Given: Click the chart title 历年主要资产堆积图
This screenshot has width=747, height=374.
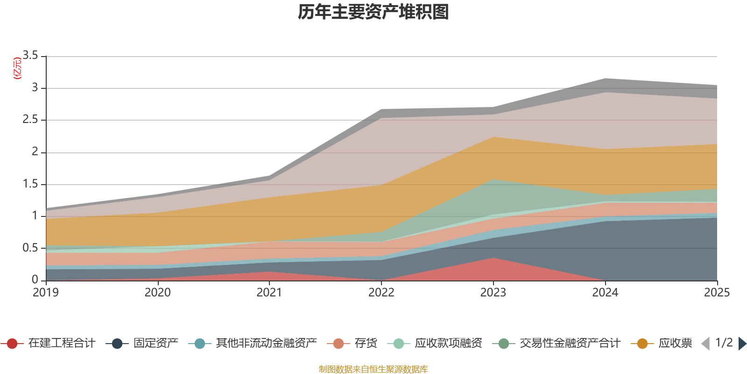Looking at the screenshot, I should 373,12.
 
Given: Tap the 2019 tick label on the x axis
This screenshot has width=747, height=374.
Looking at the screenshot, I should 46,292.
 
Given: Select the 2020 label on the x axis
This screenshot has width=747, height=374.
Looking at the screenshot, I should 158,292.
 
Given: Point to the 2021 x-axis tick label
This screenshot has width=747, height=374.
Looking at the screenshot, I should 269,292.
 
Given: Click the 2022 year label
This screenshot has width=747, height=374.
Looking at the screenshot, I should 381,292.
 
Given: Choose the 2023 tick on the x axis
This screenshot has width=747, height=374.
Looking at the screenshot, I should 493,292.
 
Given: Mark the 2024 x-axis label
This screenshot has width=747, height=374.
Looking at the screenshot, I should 605,292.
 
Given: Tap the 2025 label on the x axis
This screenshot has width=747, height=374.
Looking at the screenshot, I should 717,292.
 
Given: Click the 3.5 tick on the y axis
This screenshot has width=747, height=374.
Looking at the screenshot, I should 30,56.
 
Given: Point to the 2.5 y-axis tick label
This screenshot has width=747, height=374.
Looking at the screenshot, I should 30,120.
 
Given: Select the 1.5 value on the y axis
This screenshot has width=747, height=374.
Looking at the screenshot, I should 30,184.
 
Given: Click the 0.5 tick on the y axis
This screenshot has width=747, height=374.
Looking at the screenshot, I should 30,248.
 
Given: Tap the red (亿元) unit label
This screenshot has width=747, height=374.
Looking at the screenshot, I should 18,68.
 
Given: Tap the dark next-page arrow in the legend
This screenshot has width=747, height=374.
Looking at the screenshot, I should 742,344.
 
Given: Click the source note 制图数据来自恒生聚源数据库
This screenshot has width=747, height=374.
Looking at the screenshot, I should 373,369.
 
